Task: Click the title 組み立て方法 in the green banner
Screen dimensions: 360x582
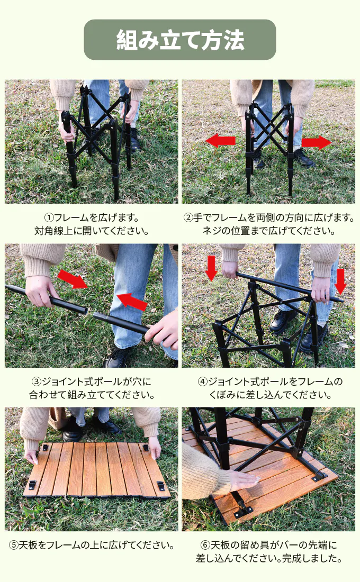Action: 180,40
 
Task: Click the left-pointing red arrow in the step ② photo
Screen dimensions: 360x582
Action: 221,141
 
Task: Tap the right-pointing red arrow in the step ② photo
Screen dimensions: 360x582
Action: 316,142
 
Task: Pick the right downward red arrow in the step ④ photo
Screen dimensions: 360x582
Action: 340,281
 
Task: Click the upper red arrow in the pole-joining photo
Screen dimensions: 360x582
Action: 73,279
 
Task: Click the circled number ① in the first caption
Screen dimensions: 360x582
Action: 49,217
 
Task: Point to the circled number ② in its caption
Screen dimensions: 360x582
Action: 188,217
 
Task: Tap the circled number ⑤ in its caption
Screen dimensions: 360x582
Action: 13,545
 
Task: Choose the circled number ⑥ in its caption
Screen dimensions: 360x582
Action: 205,545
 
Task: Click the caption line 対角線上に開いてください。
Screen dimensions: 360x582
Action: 92,231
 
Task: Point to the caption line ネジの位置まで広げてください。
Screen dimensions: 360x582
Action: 268,231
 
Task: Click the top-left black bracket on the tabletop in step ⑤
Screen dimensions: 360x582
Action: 45,447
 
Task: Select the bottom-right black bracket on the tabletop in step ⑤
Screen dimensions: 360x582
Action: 160,485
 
